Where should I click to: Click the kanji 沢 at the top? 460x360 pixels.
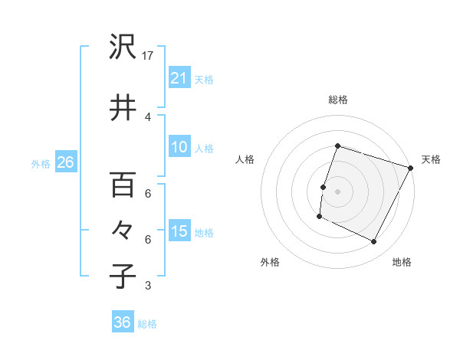pyautogui.click(x=123, y=48)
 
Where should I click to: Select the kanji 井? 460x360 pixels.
pyautogui.click(x=123, y=106)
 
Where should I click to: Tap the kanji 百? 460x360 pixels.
pyautogui.click(x=123, y=185)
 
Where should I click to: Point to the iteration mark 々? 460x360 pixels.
pyautogui.click(x=123, y=230)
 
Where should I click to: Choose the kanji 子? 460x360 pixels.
pyautogui.click(x=123, y=275)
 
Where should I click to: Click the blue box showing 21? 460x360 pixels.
pyautogui.click(x=179, y=77)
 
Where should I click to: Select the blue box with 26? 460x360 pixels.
pyautogui.click(x=65, y=162)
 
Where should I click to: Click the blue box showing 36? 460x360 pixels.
pyautogui.click(x=123, y=322)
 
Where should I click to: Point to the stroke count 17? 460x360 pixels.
pyautogui.click(x=149, y=56)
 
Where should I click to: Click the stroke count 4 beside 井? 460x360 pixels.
pyautogui.click(x=148, y=116)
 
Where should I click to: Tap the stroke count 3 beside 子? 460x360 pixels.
pyautogui.click(x=148, y=286)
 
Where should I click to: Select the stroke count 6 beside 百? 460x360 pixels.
pyautogui.click(x=148, y=193)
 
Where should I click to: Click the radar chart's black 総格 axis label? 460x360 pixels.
pyautogui.click(x=337, y=100)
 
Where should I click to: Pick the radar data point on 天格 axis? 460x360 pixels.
pyautogui.click(x=411, y=168)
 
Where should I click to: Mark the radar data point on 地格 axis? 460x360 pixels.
pyautogui.click(x=374, y=242)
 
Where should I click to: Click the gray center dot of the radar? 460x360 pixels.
pyautogui.click(x=337, y=191)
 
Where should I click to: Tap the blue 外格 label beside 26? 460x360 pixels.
pyautogui.click(x=41, y=163)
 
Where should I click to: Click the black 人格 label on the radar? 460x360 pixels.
pyautogui.click(x=245, y=159)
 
